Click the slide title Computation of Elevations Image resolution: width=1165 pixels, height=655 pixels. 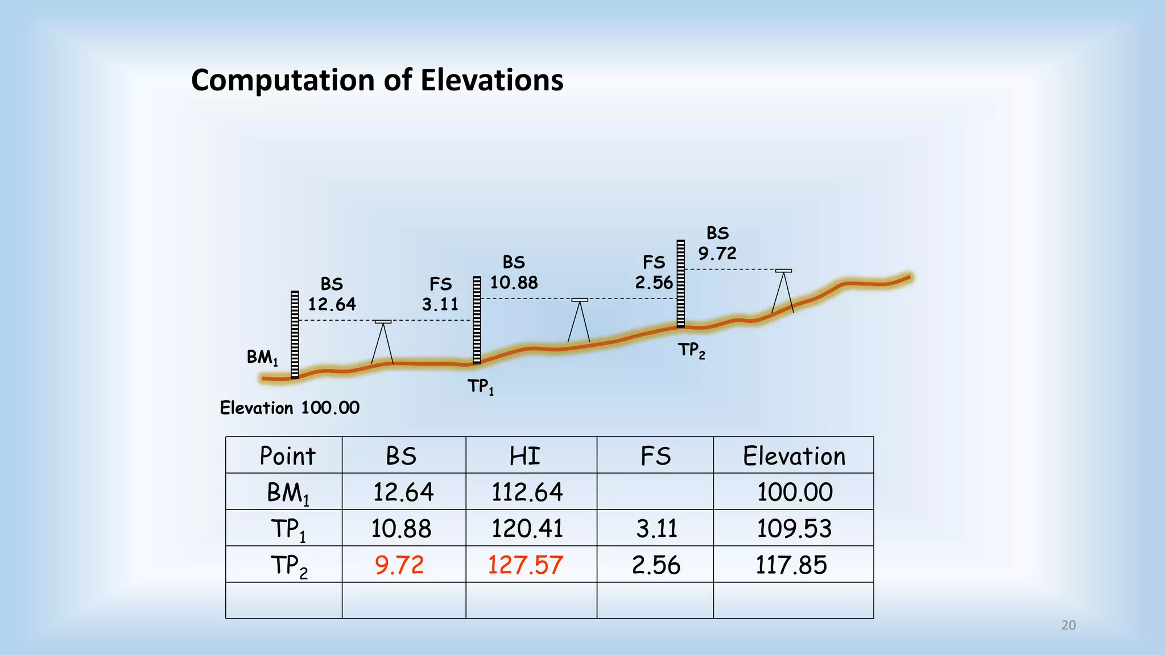click(x=377, y=80)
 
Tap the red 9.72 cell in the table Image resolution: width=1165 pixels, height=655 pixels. click(x=399, y=565)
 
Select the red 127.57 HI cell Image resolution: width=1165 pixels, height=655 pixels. click(x=525, y=565)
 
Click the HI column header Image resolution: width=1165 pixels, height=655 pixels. click(x=524, y=456)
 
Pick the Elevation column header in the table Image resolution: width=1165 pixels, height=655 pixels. click(x=794, y=456)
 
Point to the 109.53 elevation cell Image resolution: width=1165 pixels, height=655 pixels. click(x=794, y=528)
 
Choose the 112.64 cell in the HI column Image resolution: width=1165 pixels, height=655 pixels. click(x=527, y=492)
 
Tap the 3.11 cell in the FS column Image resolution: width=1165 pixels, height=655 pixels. click(x=656, y=528)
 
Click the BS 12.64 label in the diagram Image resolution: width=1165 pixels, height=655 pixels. click(x=332, y=294)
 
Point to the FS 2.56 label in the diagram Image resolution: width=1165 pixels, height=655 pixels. click(x=654, y=272)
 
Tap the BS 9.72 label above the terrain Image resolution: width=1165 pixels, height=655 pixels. click(x=717, y=243)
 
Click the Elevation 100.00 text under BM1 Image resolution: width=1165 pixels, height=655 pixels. click(x=290, y=408)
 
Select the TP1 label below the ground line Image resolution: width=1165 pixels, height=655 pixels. click(x=481, y=387)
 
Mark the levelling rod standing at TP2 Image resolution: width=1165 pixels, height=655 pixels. click(x=680, y=284)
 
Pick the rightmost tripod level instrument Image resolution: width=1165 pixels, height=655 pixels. click(x=783, y=291)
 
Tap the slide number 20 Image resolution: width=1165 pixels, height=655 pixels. click(x=1068, y=625)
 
